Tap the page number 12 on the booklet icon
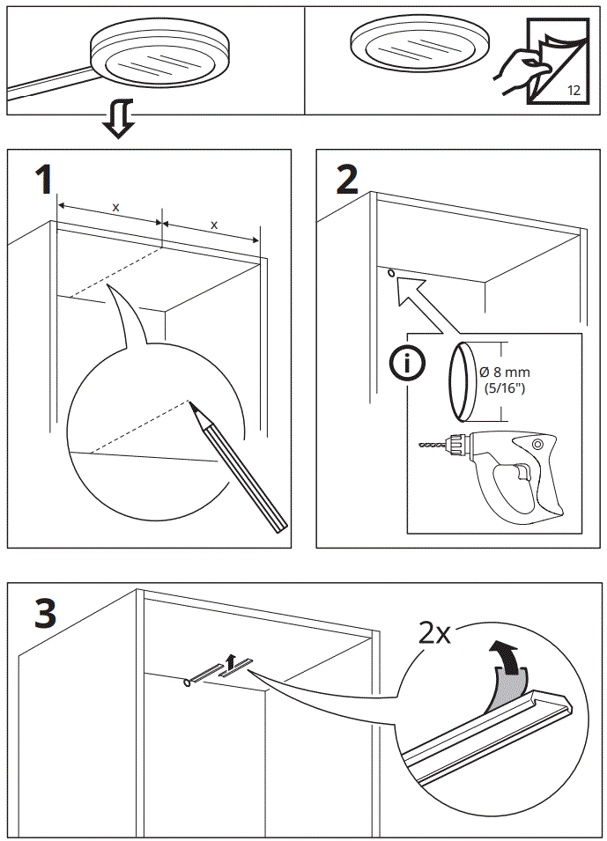click(x=573, y=90)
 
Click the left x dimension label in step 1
click(x=115, y=207)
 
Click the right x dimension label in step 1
click(x=214, y=225)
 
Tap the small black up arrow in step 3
click(x=231, y=661)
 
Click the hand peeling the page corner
click(x=514, y=70)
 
